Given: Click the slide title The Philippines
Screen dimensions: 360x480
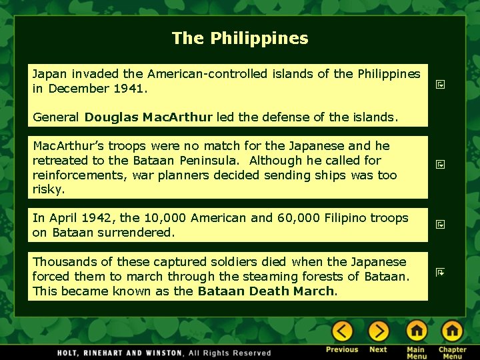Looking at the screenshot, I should point(240,38).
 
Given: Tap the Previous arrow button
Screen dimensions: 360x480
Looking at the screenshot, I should point(342,331).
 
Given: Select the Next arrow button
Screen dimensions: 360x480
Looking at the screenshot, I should point(378,331).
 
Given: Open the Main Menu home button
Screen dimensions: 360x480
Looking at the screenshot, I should point(416,331).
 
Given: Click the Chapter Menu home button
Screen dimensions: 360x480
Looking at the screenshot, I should point(452,331).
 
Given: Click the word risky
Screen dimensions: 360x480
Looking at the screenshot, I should point(48,190).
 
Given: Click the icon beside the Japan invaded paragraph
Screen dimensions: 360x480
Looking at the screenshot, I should point(440,85).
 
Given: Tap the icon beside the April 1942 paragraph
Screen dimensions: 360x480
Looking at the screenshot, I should point(440,225).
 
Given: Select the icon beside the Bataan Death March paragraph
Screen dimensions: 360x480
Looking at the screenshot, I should point(440,273).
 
